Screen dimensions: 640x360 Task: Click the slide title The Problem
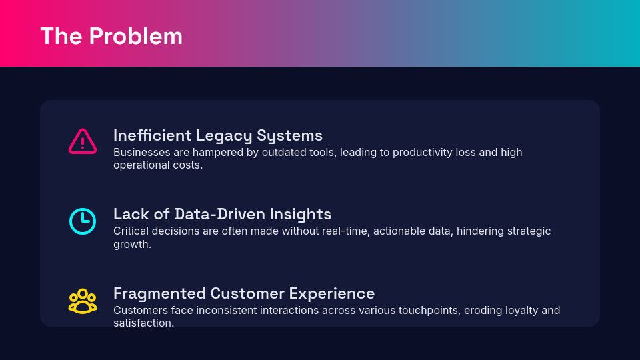[x=111, y=36]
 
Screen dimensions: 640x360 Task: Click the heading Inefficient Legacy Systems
[x=218, y=135]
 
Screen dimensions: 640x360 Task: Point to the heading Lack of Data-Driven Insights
[x=223, y=214]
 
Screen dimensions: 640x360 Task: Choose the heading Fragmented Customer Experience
[x=244, y=293]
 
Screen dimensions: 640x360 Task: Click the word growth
[x=132, y=245]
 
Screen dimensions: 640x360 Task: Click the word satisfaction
[x=144, y=323]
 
